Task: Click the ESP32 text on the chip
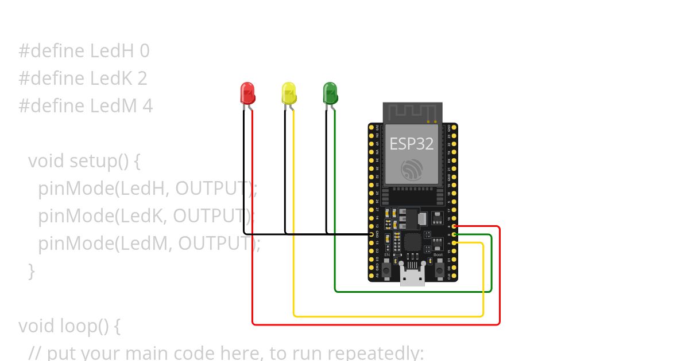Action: click(412, 143)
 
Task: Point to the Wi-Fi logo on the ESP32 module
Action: click(412, 169)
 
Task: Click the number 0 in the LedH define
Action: click(144, 52)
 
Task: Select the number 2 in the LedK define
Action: click(142, 79)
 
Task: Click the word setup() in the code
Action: click(98, 161)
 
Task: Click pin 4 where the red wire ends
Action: click(454, 226)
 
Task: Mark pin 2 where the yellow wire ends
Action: click(454, 243)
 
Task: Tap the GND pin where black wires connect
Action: click(371, 234)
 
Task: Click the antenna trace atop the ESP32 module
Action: click(412, 112)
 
